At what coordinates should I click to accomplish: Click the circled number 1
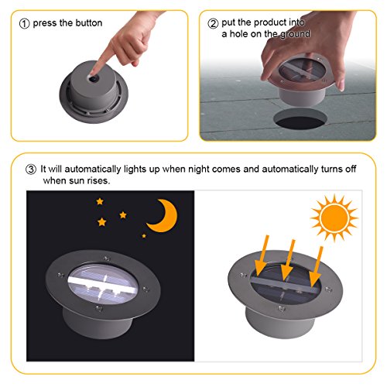(x=24, y=24)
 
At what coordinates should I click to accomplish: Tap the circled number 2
(x=213, y=23)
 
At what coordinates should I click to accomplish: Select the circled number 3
(x=31, y=170)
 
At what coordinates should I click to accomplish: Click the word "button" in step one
(x=89, y=23)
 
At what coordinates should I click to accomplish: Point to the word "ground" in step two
(x=295, y=35)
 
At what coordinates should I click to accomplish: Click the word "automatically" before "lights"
(x=93, y=170)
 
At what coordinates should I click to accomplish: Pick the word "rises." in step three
(x=98, y=180)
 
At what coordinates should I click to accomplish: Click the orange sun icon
(x=334, y=218)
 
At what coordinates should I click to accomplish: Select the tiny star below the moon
(x=144, y=236)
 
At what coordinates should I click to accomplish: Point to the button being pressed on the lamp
(x=94, y=78)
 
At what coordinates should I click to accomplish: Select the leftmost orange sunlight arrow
(x=262, y=255)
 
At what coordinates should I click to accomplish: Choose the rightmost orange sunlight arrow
(x=317, y=267)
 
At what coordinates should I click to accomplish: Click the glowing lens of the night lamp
(x=103, y=284)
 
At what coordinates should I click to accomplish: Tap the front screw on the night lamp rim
(x=98, y=308)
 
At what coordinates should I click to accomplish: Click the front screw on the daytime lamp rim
(x=281, y=308)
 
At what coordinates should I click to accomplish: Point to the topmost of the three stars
(x=100, y=201)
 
